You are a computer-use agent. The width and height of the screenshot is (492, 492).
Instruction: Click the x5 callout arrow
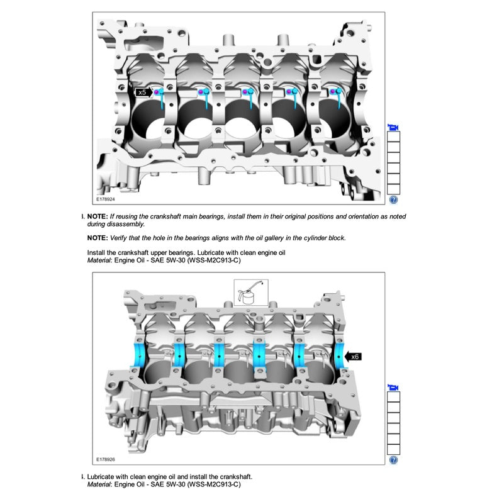pyautogui.click(x=144, y=92)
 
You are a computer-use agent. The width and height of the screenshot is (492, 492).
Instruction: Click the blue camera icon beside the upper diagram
pyautogui.click(x=393, y=128)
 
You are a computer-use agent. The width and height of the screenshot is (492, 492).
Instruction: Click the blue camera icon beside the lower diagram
pyautogui.click(x=393, y=388)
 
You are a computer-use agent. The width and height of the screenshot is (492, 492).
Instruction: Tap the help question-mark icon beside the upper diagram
pyautogui.click(x=393, y=199)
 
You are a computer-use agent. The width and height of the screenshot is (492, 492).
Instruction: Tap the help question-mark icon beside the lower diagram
pyautogui.click(x=393, y=460)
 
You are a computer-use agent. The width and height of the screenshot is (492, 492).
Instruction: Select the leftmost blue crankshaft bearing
pyautogui.click(x=138, y=355)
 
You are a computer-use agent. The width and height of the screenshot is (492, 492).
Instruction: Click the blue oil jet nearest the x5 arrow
pyautogui.click(x=162, y=98)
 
